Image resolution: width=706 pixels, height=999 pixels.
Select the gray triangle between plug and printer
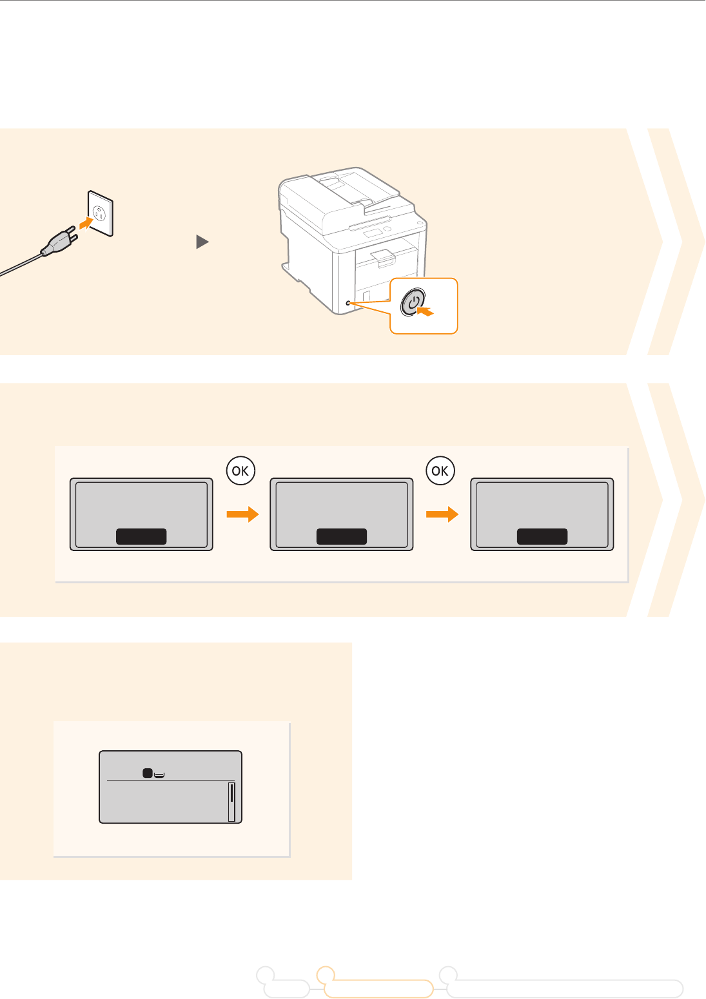coord(202,242)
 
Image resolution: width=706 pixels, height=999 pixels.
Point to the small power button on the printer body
coord(348,302)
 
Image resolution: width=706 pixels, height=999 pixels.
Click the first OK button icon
coord(240,471)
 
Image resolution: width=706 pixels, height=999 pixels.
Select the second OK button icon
coord(440,471)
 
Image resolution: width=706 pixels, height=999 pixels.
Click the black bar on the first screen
coord(141,536)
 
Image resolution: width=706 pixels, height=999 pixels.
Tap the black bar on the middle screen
coord(342,536)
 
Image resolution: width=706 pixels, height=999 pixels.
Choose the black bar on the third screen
coord(542,536)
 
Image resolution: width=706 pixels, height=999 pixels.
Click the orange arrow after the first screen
coord(242,514)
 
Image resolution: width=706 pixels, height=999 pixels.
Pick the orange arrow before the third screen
coord(442,514)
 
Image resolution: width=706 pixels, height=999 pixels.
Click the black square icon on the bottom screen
coord(147,772)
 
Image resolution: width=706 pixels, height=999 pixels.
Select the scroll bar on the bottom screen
coord(231,802)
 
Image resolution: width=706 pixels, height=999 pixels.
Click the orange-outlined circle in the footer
coord(326,975)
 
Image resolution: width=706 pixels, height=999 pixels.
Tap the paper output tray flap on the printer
coord(382,257)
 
